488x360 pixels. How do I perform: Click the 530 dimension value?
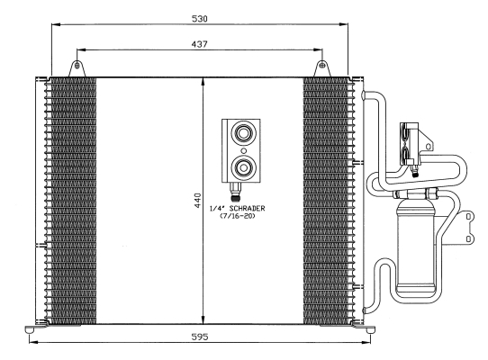point(200,19)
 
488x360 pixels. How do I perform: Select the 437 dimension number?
point(200,44)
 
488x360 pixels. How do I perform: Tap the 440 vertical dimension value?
point(197,201)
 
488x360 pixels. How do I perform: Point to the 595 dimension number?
point(200,337)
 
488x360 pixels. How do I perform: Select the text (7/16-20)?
point(238,216)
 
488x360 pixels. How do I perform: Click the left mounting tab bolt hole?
point(77,66)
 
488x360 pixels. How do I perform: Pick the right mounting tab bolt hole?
point(322,66)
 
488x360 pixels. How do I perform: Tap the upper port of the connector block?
point(243,134)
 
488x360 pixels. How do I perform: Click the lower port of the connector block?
point(243,167)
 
